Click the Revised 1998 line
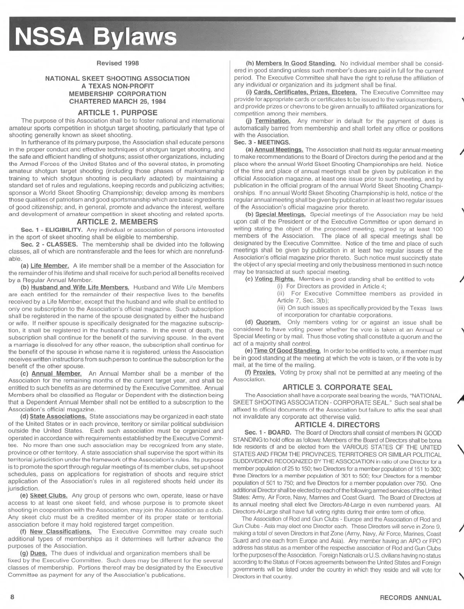(118, 63)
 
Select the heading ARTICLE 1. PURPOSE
(118, 113)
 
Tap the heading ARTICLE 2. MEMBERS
(118, 222)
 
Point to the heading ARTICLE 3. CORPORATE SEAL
(337, 387)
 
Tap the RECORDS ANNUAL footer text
(411, 598)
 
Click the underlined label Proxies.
(264, 373)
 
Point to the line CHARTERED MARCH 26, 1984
(118, 101)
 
